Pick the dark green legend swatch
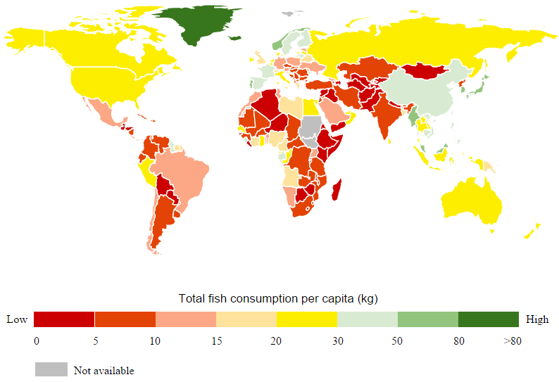(488, 319)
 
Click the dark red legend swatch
(63, 319)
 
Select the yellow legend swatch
(307, 319)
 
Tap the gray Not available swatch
(51, 370)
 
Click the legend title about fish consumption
(278, 299)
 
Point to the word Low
(17, 319)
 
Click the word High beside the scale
(536, 319)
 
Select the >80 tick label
(512, 342)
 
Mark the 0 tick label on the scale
(36, 342)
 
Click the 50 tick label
(398, 342)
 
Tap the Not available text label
(103, 371)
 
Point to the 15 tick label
(216, 342)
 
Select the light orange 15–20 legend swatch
(246, 319)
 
